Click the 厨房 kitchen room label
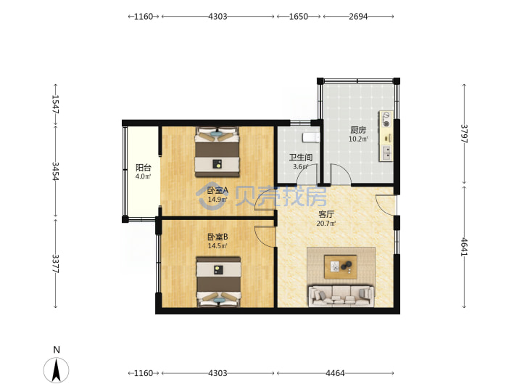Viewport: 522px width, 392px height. point(358,130)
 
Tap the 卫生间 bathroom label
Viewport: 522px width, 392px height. point(301,158)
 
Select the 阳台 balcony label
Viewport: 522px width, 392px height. point(143,168)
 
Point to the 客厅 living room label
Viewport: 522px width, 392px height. point(326,214)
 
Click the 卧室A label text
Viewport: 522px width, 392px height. point(217,190)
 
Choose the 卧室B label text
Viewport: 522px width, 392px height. point(217,237)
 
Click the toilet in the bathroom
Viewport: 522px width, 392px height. point(311,137)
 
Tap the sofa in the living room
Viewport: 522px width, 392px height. point(341,295)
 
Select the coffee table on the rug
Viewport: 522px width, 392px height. point(341,266)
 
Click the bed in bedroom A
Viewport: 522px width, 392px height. point(217,152)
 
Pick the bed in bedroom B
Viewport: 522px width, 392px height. point(218,281)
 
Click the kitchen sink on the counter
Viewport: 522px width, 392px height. point(386,153)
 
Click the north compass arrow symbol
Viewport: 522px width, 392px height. point(57,370)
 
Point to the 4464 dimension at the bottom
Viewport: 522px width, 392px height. point(335,373)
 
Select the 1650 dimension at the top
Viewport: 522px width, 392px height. point(298,16)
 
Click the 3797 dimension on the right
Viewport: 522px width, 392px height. point(464,134)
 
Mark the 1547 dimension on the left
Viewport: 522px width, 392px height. point(55,105)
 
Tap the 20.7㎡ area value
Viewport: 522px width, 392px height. point(326,224)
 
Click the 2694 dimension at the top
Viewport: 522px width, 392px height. point(358,16)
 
